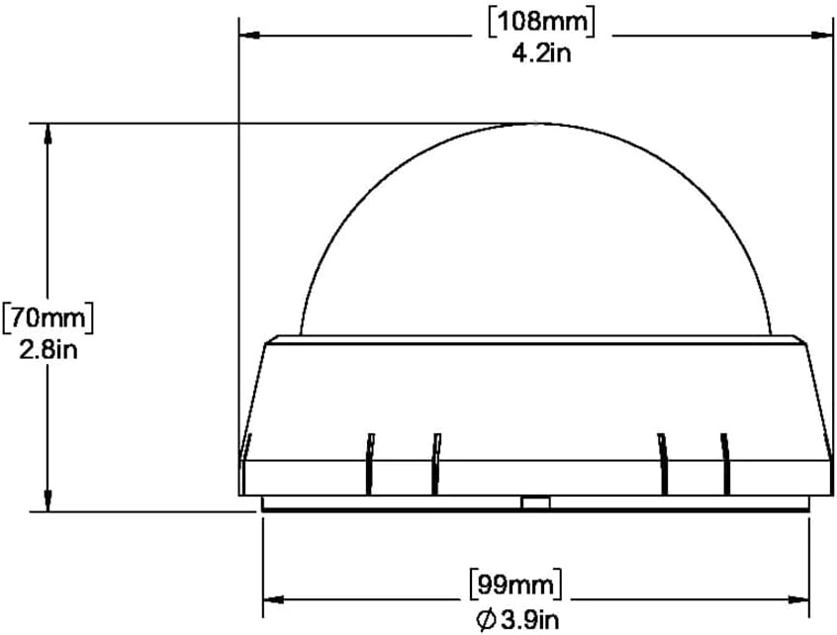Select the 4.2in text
pyautogui.click(x=542, y=53)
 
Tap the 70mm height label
pyautogui.click(x=48, y=318)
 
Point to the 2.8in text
pyautogui.click(x=48, y=350)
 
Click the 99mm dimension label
pyautogui.click(x=515, y=586)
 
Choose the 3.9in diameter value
pyautogui.click(x=529, y=620)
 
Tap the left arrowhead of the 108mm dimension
pyautogui.click(x=249, y=36)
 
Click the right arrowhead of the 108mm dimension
pyautogui.click(x=822, y=36)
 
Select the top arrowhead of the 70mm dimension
pyautogui.click(x=48, y=134)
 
